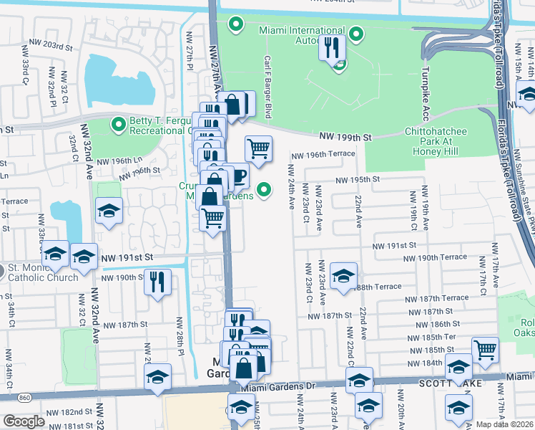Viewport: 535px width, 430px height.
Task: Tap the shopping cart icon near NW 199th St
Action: (259, 149)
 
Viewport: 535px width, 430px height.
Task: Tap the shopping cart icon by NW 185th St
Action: (485, 350)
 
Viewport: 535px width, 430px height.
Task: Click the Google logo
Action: (24, 421)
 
